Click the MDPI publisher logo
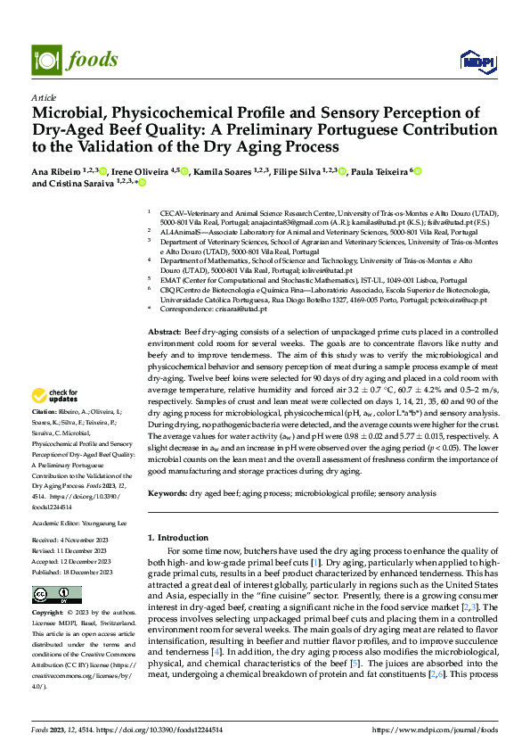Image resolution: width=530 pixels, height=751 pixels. point(472,61)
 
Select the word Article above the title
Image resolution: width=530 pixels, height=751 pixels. point(44,97)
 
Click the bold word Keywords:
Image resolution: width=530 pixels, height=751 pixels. point(167,492)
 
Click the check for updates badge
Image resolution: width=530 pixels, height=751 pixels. point(55,396)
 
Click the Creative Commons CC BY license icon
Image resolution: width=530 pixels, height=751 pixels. point(56,595)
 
